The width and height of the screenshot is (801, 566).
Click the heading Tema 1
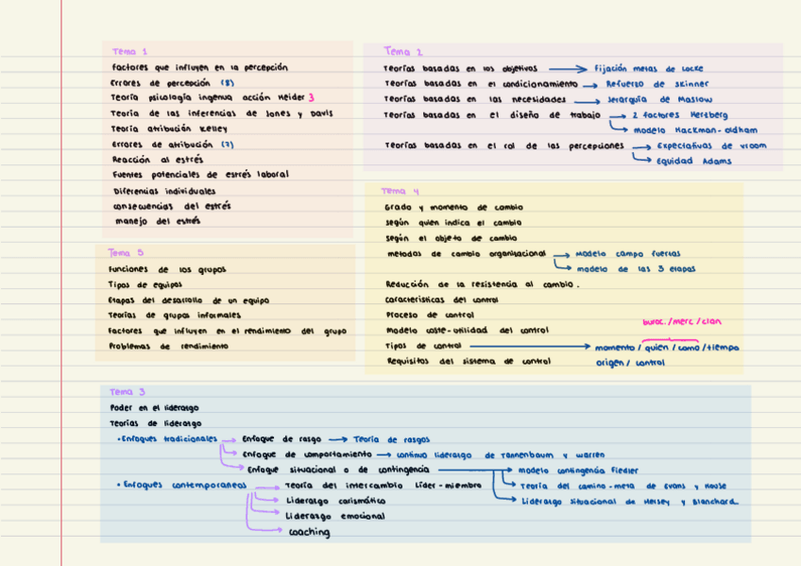pos(129,52)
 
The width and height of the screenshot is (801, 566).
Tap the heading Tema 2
pos(403,52)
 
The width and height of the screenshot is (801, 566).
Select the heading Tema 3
pos(128,392)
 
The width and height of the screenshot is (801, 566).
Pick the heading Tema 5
pos(126,252)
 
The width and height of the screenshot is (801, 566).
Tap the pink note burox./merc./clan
pos(681,322)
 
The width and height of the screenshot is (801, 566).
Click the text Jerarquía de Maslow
pos(659,99)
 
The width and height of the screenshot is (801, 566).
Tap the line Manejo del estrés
pos(157,221)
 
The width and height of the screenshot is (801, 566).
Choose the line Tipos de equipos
pos(146,283)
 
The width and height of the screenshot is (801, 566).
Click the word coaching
pos(309,533)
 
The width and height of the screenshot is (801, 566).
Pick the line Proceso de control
pos(430,315)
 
